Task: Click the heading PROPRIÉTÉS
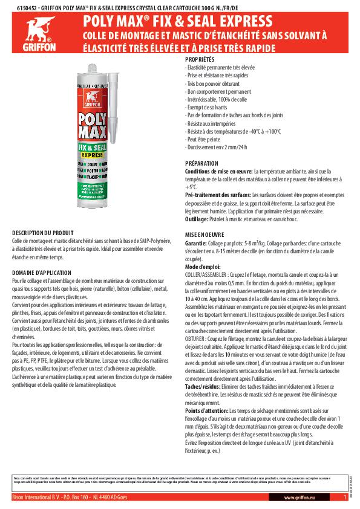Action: pos(200,60)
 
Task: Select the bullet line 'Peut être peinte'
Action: pos(205,138)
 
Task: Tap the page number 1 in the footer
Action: pos(344,497)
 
